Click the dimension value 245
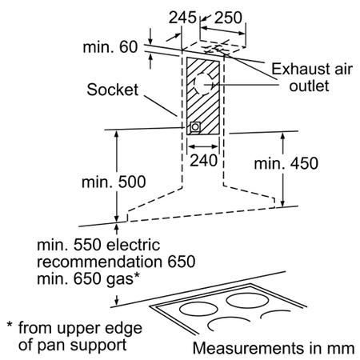[x=182, y=18]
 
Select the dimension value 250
[x=228, y=18]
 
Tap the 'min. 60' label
[x=110, y=47]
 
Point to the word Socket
[x=113, y=90]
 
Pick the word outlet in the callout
[x=309, y=86]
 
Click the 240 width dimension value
[x=203, y=161]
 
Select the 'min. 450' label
[x=286, y=163]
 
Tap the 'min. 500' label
[x=114, y=182]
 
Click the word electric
[x=133, y=245]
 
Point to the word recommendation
[x=99, y=262]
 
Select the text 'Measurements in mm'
[x=274, y=348]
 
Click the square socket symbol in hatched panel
[x=195, y=127]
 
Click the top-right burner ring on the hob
[x=247, y=301]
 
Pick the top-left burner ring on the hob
[x=198, y=310]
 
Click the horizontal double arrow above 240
[x=203, y=146]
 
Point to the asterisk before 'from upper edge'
[x=10, y=325]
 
